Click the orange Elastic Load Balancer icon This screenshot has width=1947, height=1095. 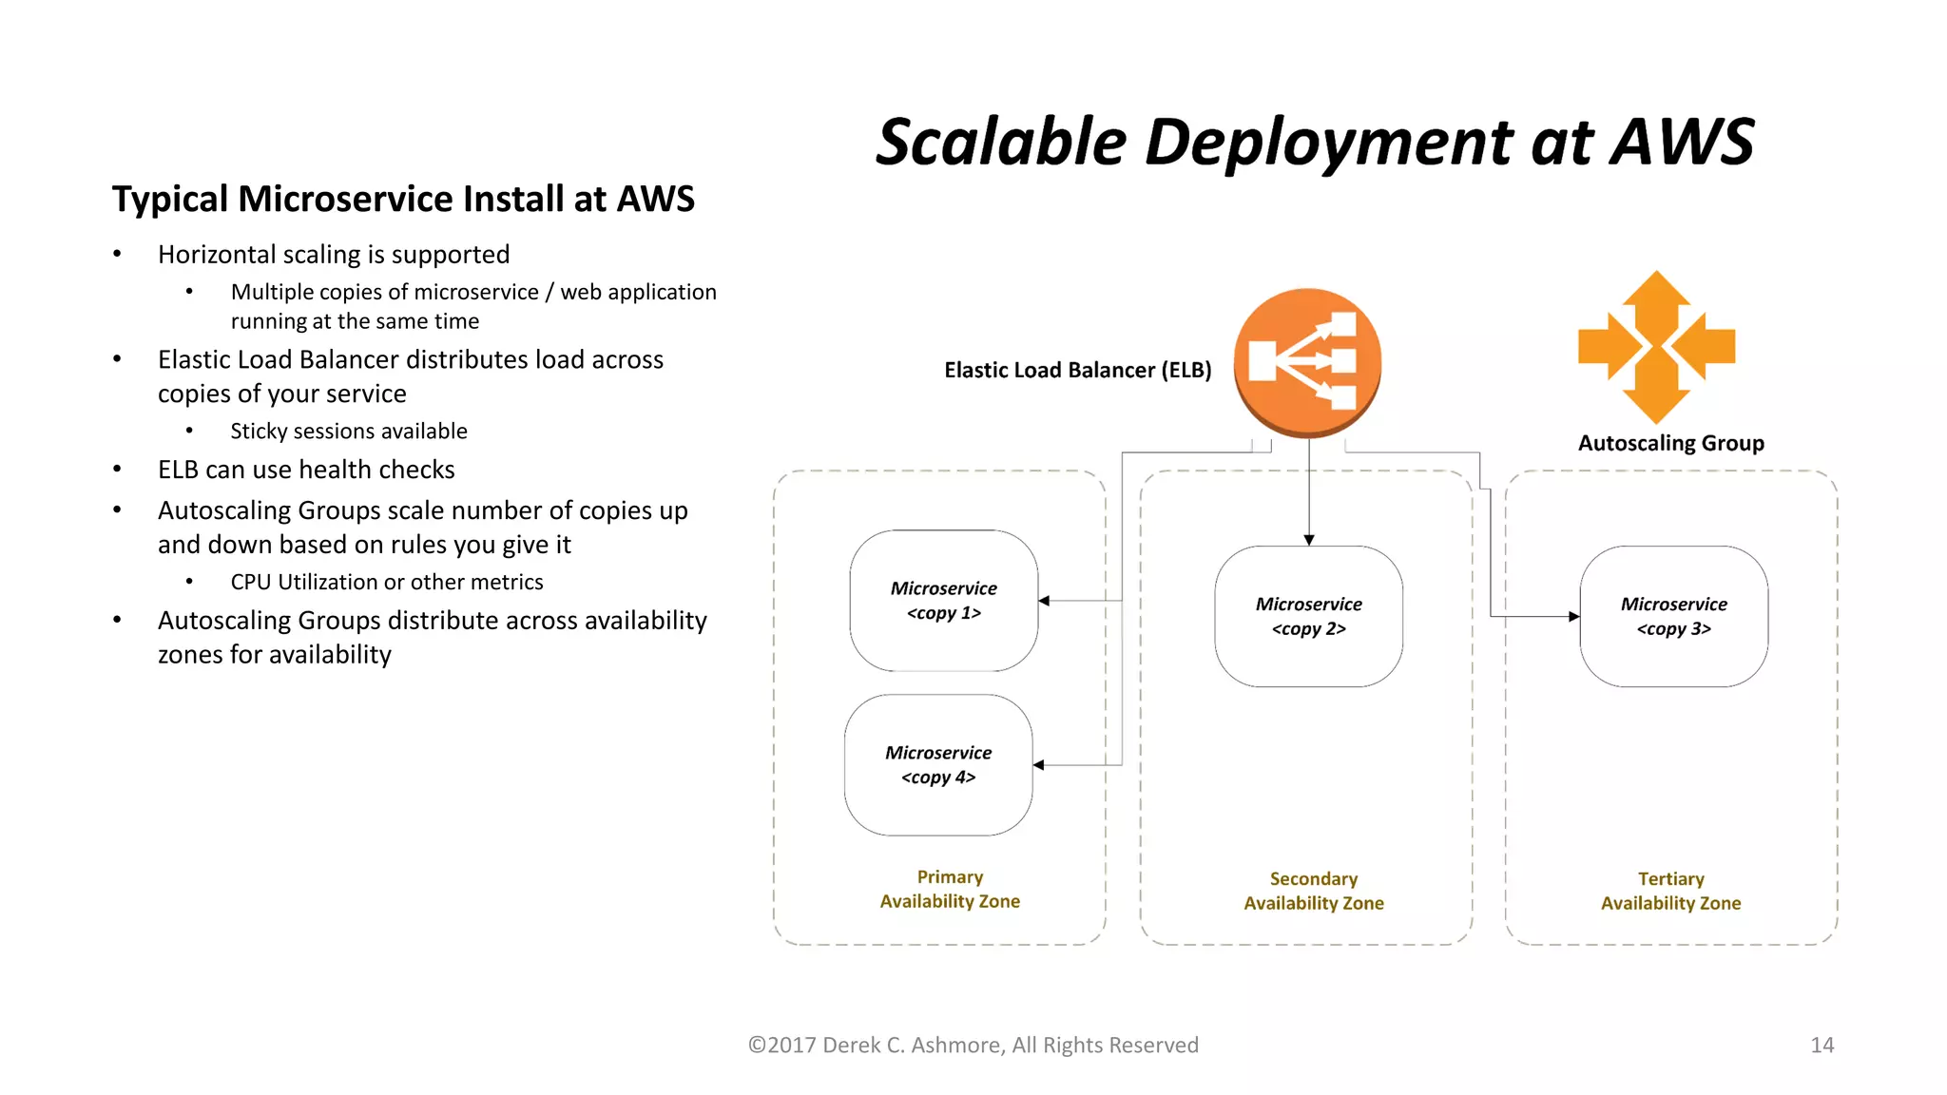click(x=1307, y=362)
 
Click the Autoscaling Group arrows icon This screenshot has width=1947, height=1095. click(x=1656, y=347)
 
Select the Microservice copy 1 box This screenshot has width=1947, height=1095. click(x=943, y=601)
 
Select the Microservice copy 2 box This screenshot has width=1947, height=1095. click(x=1308, y=616)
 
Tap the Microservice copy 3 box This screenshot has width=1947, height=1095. click(x=1673, y=616)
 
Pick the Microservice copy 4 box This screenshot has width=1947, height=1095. click(x=938, y=765)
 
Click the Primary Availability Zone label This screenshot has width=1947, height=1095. click(x=950, y=889)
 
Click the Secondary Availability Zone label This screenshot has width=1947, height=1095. click(x=1314, y=891)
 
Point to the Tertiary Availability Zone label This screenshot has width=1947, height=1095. click(x=1670, y=891)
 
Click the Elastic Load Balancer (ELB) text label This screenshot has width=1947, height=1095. click(x=1077, y=370)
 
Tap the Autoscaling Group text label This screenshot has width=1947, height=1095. click(x=1670, y=443)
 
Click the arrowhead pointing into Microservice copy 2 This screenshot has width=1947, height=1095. click(x=1309, y=540)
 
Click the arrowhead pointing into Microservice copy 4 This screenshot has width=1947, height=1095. click(x=1039, y=765)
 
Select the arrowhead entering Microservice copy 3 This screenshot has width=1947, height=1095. click(x=1573, y=617)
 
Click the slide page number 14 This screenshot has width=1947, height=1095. click(x=1822, y=1045)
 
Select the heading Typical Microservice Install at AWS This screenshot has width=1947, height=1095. click(x=403, y=199)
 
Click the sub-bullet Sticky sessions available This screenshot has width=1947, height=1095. click(x=349, y=432)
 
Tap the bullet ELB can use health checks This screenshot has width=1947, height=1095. click(x=306, y=470)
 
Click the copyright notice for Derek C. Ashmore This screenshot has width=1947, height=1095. click(x=973, y=1045)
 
